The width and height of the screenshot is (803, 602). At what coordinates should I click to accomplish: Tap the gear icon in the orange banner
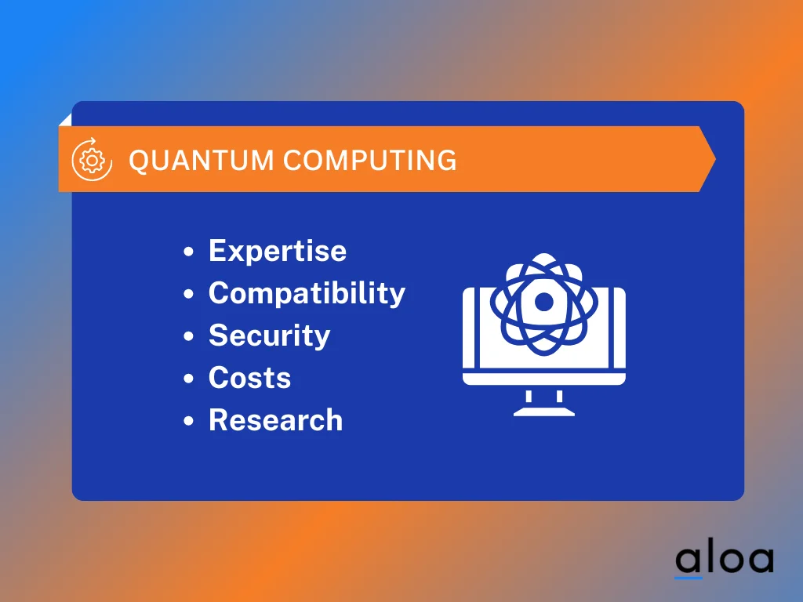pyautogui.click(x=93, y=160)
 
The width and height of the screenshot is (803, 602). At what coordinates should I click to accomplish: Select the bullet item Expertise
pyautogui.click(x=277, y=251)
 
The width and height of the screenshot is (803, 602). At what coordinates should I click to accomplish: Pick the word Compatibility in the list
pyautogui.click(x=307, y=293)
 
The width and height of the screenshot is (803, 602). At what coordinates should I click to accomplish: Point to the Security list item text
pyautogui.click(x=269, y=335)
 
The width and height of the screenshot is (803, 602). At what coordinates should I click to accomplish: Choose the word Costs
pyautogui.click(x=249, y=378)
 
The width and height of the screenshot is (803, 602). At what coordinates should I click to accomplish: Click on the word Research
pyautogui.click(x=275, y=420)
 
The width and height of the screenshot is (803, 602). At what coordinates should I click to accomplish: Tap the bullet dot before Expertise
pyautogui.click(x=188, y=252)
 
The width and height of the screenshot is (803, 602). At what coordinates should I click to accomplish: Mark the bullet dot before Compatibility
pyautogui.click(x=188, y=295)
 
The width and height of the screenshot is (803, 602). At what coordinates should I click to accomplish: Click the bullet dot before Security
pyautogui.click(x=188, y=337)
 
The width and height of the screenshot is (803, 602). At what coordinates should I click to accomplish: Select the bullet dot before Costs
pyautogui.click(x=188, y=379)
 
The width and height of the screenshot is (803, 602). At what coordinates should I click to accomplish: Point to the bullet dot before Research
pyautogui.click(x=188, y=422)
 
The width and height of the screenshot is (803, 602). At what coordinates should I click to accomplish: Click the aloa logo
pyautogui.click(x=724, y=558)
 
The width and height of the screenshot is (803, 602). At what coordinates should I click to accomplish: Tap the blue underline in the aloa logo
pyautogui.click(x=688, y=578)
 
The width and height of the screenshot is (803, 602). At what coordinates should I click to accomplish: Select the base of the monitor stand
pyautogui.click(x=543, y=411)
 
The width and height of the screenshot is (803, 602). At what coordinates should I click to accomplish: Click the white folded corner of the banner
pyautogui.click(x=66, y=119)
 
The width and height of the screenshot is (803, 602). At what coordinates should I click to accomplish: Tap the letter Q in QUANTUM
pyautogui.click(x=139, y=161)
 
